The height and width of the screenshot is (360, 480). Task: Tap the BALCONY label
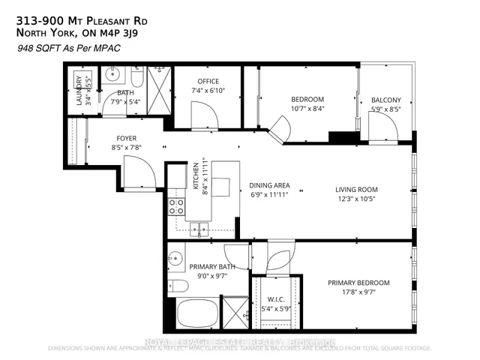386,100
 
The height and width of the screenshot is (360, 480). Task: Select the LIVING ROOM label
356,190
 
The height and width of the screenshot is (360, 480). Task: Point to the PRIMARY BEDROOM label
358,283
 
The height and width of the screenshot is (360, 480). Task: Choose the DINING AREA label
270,185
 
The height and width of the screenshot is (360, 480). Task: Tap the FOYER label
125,138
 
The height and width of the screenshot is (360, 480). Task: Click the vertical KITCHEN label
195,177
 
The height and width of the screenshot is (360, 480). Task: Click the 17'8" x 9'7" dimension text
358,293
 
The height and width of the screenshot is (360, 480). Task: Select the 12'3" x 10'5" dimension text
356,200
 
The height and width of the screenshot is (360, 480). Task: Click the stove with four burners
177,206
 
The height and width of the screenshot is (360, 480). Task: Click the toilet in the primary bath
178,285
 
